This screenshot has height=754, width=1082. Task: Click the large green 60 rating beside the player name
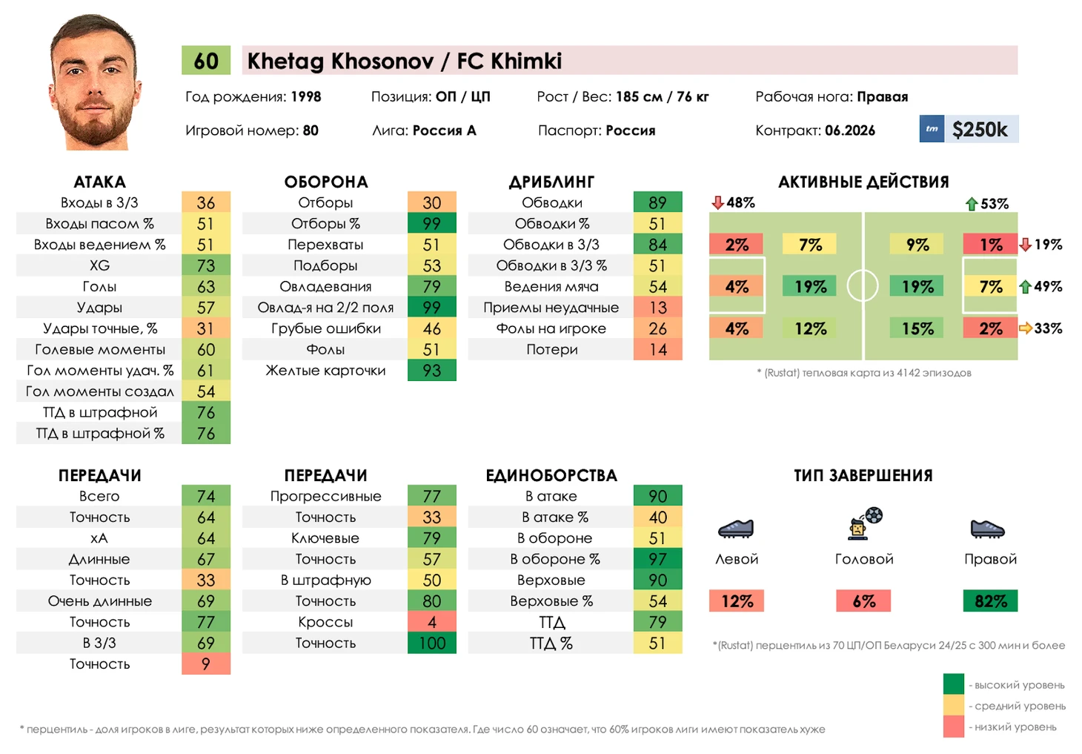pos(206,61)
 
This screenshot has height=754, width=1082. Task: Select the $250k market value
pos(980,130)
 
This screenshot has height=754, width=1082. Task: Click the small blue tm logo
pos(932,129)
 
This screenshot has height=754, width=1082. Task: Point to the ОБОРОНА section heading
pos(326,182)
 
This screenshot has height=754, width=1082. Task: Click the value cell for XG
pos(206,265)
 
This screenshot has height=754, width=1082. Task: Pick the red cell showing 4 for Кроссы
pos(432,622)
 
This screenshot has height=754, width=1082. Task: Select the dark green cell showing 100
pos(432,643)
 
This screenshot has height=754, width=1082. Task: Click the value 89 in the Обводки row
pos(657,202)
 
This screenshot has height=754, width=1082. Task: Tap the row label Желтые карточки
pos(326,370)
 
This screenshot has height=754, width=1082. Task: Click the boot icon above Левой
pos(736,528)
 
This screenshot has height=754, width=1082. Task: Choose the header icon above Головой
pos(864,523)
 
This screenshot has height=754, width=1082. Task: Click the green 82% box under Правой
pos(991,601)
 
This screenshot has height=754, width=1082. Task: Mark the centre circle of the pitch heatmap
pos(863,285)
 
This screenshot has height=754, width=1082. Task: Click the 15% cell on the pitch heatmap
pos(917,328)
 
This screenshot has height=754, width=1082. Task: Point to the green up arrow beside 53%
pos(972,203)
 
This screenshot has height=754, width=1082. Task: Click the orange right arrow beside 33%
pos(1026,328)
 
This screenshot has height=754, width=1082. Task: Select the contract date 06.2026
pos(850,130)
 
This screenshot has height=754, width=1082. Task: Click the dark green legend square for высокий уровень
pos(953,684)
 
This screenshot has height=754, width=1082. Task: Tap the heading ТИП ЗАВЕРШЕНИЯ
pos(863,475)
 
